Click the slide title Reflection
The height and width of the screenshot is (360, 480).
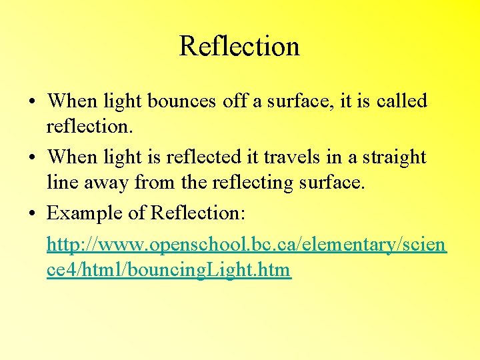(239, 47)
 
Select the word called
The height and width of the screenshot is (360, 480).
(401, 101)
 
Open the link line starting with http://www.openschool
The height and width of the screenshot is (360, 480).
(247, 245)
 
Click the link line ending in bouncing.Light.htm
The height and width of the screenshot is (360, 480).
(169, 270)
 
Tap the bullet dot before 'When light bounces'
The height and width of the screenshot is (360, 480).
(32, 102)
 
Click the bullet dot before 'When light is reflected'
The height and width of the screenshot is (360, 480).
(32, 158)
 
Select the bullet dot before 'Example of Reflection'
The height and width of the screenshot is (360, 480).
(32, 214)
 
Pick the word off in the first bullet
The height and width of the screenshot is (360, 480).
(235, 101)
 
